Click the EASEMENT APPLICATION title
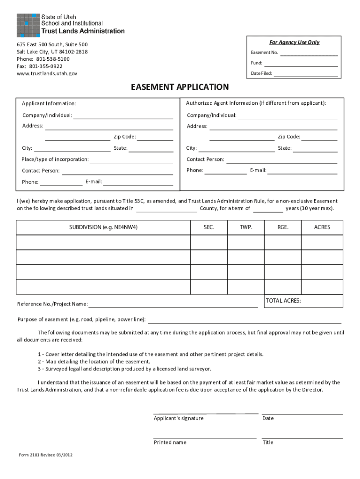point(180,87)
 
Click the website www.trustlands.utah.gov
point(47,73)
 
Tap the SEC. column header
point(209,227)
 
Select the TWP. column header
point(246,227)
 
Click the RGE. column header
point(283,227)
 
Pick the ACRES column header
point(322,227)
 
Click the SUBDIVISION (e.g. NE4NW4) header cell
point(103,227)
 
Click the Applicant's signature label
point(179,419)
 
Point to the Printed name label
point(170,443)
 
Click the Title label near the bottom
point(268,443)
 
